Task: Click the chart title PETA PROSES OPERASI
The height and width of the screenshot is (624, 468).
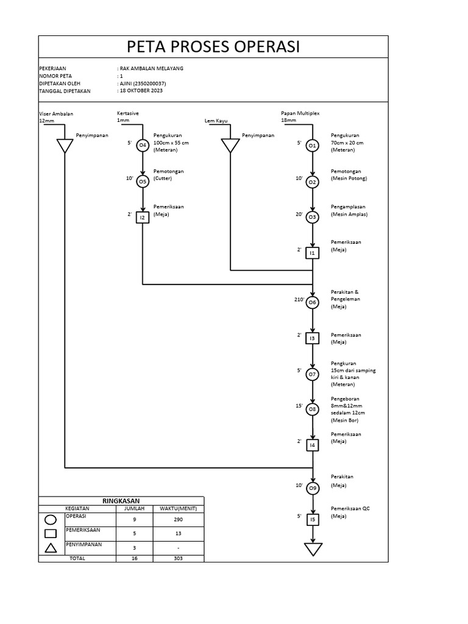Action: click(213, 46)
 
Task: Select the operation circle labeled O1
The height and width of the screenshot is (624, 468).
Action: click(312, 146)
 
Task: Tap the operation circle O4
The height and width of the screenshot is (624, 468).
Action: click(143, 145)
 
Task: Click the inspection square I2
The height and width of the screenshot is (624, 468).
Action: click(143, 217)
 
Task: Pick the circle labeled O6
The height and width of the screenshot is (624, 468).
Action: click(312, 302)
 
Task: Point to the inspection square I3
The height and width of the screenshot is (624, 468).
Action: click(312, 337)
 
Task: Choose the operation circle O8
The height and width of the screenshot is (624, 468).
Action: click(312, 409)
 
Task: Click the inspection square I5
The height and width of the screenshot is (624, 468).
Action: click(312, 519)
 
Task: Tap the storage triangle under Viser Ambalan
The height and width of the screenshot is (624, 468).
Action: click(65, 146)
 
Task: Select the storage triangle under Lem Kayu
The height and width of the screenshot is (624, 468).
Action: click(230, 146)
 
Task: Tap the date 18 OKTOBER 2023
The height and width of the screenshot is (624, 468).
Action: click(141, 91)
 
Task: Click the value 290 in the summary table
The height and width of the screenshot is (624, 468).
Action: click(178, 519)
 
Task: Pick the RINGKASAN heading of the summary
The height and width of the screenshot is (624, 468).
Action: click(121, 500)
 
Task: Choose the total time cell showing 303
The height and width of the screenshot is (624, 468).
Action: click(178, 558)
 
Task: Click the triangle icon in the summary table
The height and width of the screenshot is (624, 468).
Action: click(51, 547)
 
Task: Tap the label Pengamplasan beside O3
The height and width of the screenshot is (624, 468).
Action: click(348, 207)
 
